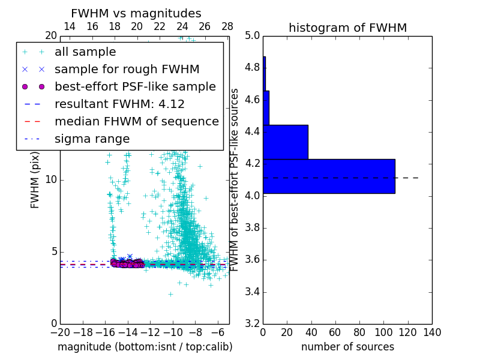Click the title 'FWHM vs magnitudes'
[136, 14]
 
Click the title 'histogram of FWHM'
[347, 28]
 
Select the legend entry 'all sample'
[85, 52]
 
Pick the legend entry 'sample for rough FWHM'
[127, 69]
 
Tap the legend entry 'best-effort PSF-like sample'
[135, 86]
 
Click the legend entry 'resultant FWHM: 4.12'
[119, 104]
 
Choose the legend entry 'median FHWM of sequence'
[136, 121]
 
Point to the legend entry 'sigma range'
[92, 139]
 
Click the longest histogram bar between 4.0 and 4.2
[329, 176]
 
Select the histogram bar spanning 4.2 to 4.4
[286, 142]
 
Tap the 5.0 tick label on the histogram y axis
[253, 35]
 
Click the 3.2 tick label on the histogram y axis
[253, 324]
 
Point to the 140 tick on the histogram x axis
[432, 332]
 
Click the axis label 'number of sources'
[347, 347]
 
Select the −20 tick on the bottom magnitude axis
[60, 332]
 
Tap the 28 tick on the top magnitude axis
[227, 27]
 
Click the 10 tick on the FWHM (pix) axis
[51, 179]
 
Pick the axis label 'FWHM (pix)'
[35, 179]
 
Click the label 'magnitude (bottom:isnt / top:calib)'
[145, 347]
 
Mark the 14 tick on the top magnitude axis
[70, 27]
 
